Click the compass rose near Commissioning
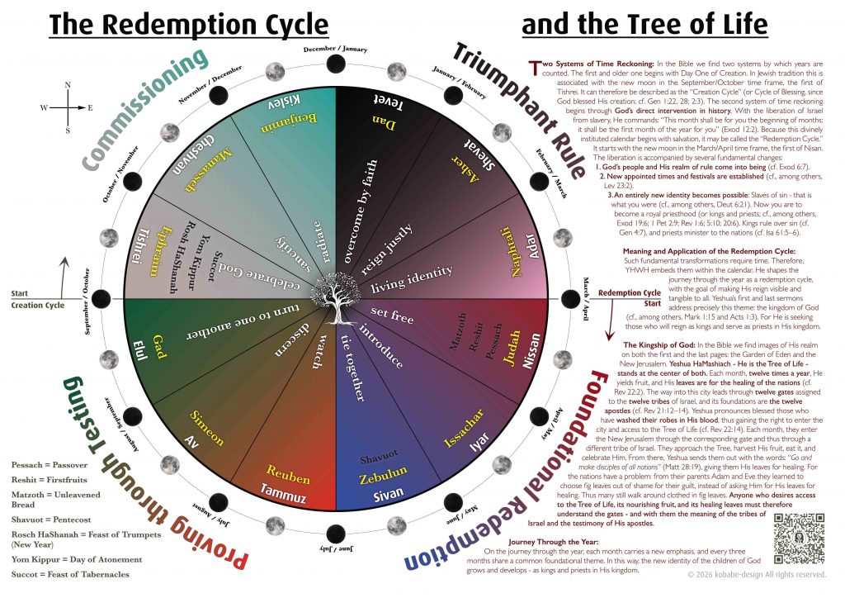68,107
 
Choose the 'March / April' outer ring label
586,297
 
